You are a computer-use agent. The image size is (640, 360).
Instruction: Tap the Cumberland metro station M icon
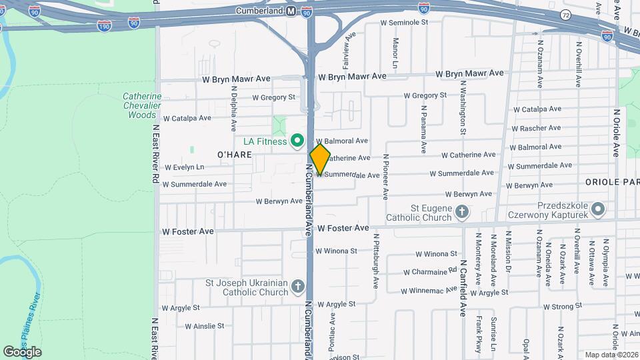click(291, 11)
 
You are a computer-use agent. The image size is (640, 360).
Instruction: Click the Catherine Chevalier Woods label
click(141, 105)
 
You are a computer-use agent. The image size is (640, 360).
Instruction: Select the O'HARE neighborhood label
click(234, 155)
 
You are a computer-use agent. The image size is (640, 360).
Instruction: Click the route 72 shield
click(565, 14)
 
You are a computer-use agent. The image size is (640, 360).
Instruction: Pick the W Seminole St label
click(403, 22)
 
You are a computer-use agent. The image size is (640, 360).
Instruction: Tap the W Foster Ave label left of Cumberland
click(188, 231)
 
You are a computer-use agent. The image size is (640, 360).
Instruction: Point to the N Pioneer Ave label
click(385, 177)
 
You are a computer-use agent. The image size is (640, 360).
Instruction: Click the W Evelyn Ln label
click(184, 167)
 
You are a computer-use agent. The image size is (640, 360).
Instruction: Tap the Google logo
click(22, 351)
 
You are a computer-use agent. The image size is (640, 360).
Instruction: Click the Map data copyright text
click(611, 355)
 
